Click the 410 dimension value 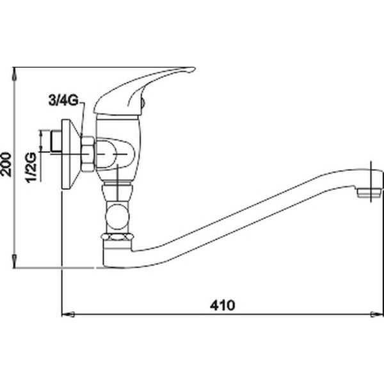click(x=222, y=305)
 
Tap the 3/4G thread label click(x=63, y=100)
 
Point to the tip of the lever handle click(x=195, y=69)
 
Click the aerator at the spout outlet click(x=369, y=193)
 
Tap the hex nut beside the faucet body click(x=88, y=154)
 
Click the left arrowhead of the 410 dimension click(x=68, y=314)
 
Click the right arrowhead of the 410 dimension click(x=377, y=314)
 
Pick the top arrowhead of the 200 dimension click(x=15, y=74)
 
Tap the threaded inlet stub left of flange click(x=56, y=141)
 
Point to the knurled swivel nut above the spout click(x=118, y=237)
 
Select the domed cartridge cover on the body click(x=115, y=154)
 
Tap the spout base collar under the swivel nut click(x=117, y=253)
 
